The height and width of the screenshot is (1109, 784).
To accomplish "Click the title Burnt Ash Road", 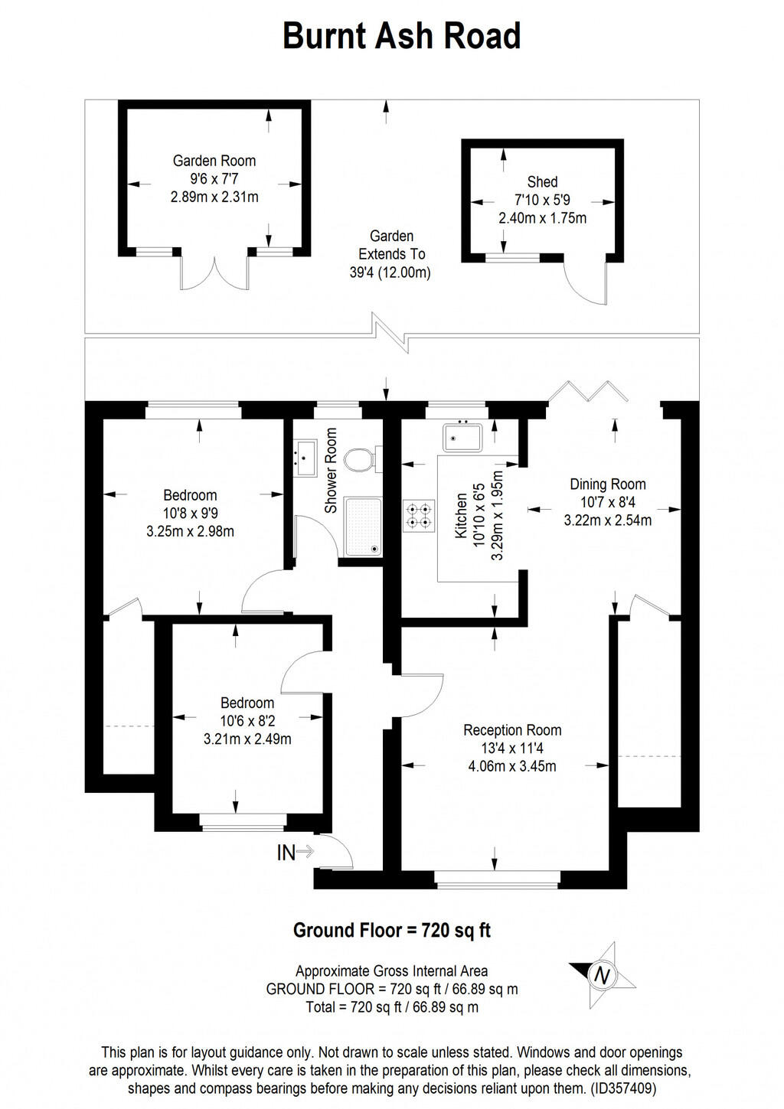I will (x=401, y=37).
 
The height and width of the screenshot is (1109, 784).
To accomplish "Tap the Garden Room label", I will (x=214, y=161).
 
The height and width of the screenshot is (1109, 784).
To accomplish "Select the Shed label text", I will (x=542, y=182).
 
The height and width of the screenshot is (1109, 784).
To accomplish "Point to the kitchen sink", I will (x=461, y=437).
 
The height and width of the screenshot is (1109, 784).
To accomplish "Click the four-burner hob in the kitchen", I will (x=418, y=514).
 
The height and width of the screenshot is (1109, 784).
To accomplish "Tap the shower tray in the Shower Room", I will (x=363, y=527).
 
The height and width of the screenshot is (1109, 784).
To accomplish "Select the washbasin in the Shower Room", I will (x=305, y=457).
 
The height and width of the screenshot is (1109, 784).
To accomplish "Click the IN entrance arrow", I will (x=295, y=852).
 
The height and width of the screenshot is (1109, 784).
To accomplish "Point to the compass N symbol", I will (x=603, y=975).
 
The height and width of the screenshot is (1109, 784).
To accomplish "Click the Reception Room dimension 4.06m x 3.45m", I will (x=512, y=766).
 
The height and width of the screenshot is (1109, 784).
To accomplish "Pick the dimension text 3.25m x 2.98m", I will (x=190, y=531).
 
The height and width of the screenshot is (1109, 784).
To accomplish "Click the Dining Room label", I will (x=607, y=484).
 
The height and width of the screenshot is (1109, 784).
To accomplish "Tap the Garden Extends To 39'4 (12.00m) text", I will (x=391, y=254).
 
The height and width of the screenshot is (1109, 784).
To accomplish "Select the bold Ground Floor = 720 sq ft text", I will (x=391, y=931).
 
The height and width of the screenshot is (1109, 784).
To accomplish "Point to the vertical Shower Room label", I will (x=331, y=471).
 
